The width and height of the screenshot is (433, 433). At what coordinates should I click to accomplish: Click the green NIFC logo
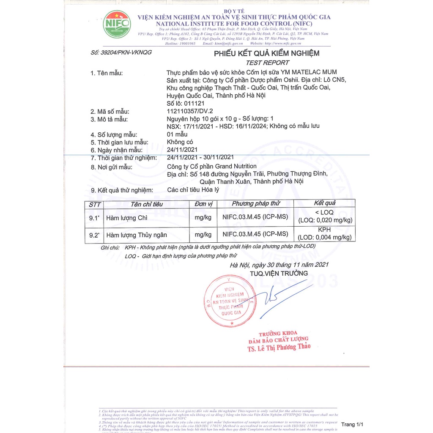point(117,25)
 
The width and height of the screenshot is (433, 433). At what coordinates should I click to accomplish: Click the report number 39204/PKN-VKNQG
point(121,52)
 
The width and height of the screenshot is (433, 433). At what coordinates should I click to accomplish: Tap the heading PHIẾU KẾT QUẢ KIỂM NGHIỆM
point(266,53)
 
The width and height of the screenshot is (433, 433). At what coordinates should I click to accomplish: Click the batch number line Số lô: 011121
point(186,103)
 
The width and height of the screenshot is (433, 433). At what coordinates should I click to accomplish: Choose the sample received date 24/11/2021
point(182,150)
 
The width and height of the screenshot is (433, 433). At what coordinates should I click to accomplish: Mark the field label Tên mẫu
point(107,73)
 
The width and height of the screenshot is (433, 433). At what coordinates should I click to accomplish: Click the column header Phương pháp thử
point(255,204)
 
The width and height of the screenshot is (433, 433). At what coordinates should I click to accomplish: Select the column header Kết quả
point(325,203)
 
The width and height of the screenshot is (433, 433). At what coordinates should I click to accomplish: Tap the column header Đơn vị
point(203,204)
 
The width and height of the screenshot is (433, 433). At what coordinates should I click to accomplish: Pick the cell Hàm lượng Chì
point(127,218)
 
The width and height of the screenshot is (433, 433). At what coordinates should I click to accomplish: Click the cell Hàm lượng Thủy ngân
point(137,235)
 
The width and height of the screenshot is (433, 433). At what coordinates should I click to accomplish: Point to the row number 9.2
point(94,235)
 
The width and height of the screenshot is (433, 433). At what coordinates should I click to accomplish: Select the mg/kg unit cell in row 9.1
point(203,218)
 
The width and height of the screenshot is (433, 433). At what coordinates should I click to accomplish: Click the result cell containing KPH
point(324,234)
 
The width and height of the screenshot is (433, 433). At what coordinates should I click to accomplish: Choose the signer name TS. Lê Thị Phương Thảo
point(279,348)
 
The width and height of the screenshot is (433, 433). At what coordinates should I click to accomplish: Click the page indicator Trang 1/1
point(352,424)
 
